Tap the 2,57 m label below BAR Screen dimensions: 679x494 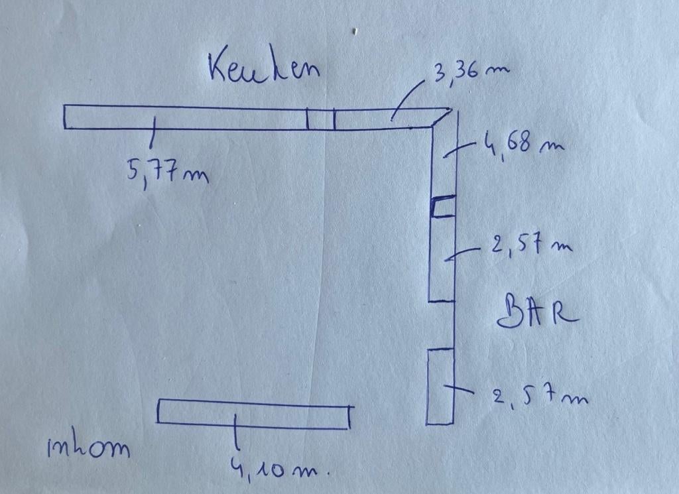(x=540, y=396)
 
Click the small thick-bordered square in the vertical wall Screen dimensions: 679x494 (x=444, y=206)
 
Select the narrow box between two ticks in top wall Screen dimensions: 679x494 (x=320, y=119)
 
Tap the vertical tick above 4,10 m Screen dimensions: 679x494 (x=235, y=431)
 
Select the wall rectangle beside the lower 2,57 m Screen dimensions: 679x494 (x=440, y=386)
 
